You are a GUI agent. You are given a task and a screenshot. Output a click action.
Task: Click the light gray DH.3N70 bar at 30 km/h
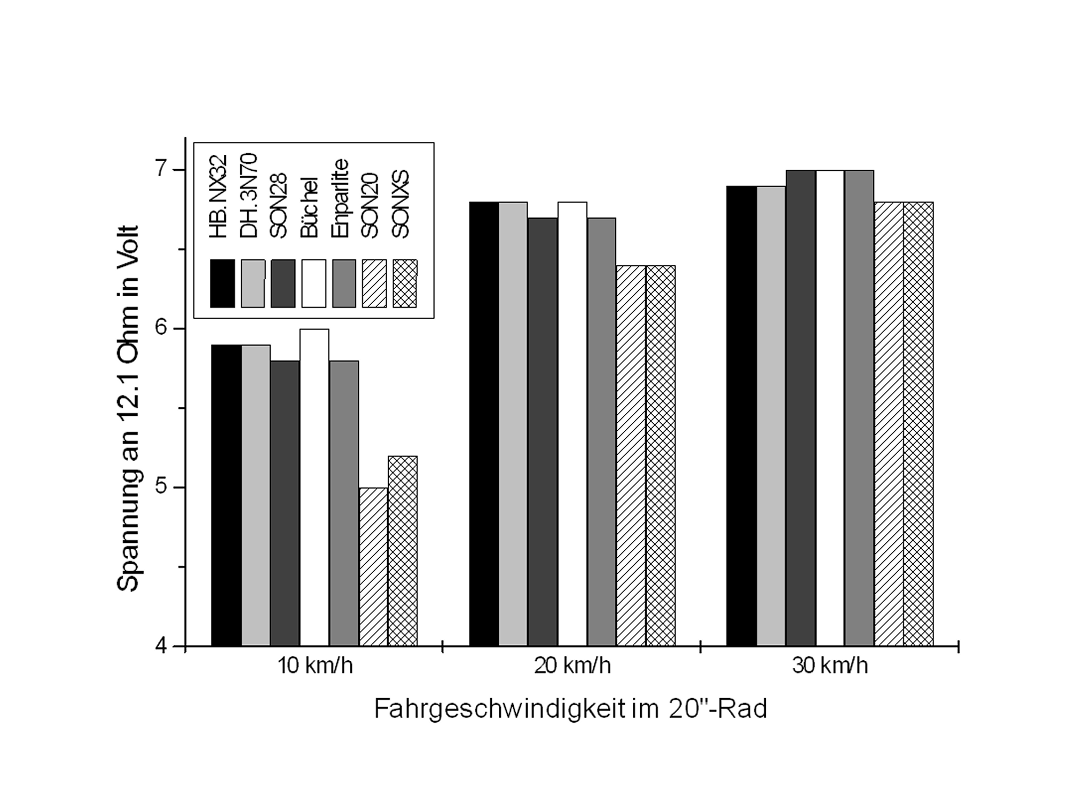[x=771, y=416]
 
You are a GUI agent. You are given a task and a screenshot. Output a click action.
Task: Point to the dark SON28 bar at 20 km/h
[x=543, y=432]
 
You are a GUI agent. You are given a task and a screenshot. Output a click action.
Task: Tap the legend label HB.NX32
[x=218, y=196]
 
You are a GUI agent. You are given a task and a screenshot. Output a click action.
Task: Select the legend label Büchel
[x=310, y=207]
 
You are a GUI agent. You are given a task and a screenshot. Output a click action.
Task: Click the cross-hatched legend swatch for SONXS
[x=405, y=283]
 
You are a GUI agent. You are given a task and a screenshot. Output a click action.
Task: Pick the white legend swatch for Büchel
[x=313, y=283]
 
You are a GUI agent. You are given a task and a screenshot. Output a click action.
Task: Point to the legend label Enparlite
[x=340, y=198]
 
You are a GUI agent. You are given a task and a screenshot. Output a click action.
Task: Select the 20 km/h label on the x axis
[x=572, y=666]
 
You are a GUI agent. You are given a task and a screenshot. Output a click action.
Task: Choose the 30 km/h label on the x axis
[x=830, y=666]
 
